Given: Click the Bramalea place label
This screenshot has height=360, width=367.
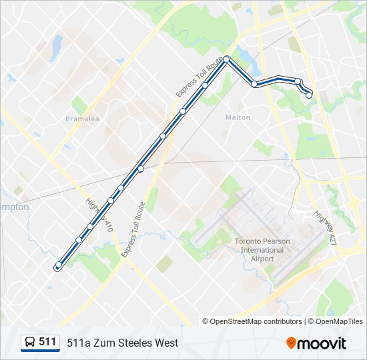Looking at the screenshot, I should pyautogui.click(x=82, y=119).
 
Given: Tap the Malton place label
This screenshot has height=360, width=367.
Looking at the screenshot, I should pyautogui.click(x=238, y=117).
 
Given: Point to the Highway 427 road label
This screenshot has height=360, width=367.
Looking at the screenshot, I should pyautogui.click(x=325, y=227).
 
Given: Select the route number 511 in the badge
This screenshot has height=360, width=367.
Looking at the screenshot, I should pyautogui.click(x=47, y=342).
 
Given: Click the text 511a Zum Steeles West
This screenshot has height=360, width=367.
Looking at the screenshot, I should pyautogui.click(x=122, y=343).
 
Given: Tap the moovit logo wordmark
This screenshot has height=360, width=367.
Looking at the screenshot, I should pyautogui.click(x=322, y=343).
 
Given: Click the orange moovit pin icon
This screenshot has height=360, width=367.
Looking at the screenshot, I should pyautogui.click(x=291, y=343).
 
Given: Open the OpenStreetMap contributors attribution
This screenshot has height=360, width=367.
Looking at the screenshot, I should pyautogui.click(x=256, y=321).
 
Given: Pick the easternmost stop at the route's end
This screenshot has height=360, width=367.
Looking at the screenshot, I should pyautogui.click(x=309, y=95).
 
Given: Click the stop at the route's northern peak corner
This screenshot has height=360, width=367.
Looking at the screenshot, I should pyautogui.click(x=227, y=59).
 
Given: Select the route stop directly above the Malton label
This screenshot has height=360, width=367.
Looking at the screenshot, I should pyautogui.click(x=255, y=84).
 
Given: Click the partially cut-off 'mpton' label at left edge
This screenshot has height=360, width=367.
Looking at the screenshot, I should pyautogui.click(x=14, y=207).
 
